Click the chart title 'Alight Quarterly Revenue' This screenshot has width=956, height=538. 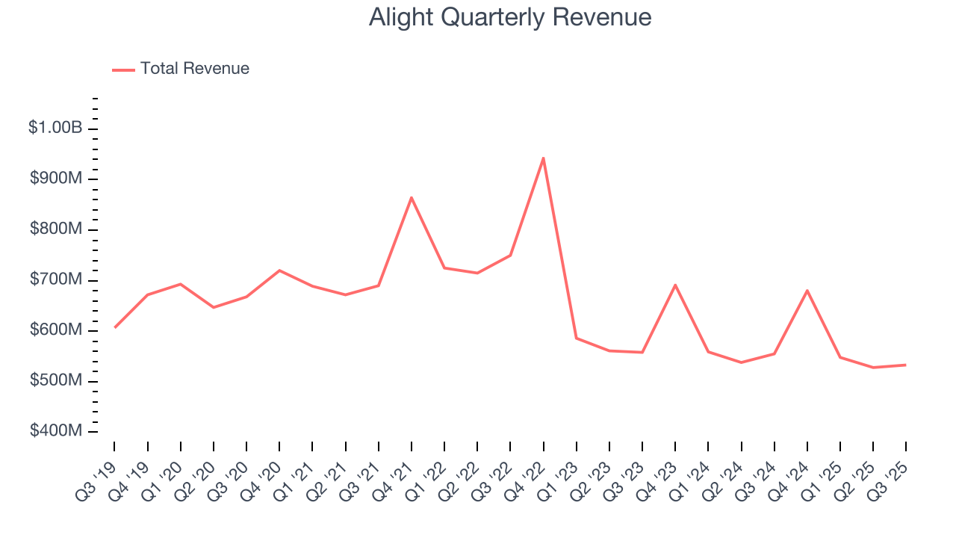510,17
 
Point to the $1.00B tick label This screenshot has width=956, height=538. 55,128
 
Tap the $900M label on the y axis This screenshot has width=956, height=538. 56,179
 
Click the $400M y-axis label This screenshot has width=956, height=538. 56,431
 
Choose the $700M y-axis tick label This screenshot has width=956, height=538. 56,279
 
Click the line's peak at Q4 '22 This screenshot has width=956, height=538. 543,158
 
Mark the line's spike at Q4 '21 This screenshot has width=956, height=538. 412,197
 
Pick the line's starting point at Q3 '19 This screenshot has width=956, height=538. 115,327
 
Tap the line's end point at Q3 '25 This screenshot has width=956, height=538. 905,365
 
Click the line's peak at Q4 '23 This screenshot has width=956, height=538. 675,285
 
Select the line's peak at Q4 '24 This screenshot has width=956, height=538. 807,290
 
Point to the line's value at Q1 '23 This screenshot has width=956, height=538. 576,338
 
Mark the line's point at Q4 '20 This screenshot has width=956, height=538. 279,270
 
